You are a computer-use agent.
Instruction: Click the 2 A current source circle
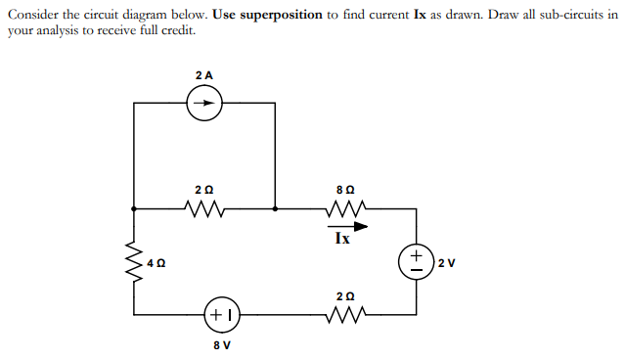click(x=204, y=102)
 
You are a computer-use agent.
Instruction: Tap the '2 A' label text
click(x=204, y=74)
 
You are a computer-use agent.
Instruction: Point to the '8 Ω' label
click(x=343, y=188)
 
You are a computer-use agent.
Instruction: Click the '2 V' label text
click(x=446, y=262)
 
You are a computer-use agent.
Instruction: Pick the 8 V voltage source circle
click(x=221, y=314)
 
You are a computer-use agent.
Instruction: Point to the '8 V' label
click(x=221, y=345)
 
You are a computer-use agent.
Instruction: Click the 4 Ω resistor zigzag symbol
click(x=134, y=261)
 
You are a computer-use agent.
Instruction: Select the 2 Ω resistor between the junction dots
click(x=204, y=207)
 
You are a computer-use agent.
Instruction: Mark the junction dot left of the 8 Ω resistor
click(x=275, y=207)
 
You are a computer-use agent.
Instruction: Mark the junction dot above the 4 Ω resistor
click(x=134, y=207)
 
